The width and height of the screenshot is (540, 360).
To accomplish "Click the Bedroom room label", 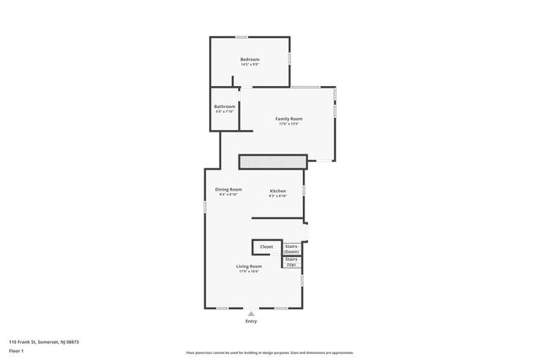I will coord(250,59).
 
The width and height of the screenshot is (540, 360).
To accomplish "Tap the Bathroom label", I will coord(224,106).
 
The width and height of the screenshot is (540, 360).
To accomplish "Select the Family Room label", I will coord(289,119).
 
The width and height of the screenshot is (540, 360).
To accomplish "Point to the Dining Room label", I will coord(228,190).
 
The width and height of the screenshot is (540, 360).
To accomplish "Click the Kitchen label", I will coord(278,191).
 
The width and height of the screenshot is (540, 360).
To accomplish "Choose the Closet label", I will coord(266,246).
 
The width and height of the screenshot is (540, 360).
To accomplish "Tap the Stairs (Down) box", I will coord(291,249).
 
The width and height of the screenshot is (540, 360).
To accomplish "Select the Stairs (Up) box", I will coord(291,262).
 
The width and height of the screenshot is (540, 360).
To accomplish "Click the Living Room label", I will coord(249,266).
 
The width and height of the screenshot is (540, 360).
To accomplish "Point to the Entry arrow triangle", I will coord(251,314).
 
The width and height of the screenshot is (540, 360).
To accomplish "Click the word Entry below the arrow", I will coord(251,321).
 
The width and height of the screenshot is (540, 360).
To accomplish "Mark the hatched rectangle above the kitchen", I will coord(272,161).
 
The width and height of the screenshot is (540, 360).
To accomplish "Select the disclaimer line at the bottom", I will coord(269,352).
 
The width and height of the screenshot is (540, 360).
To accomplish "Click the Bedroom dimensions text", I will coord(250,64).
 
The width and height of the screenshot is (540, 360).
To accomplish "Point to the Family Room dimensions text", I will coord(289,124).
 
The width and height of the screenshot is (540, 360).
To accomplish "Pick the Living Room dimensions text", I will coord(249,271).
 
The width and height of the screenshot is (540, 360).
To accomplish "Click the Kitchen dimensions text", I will coord(278,196).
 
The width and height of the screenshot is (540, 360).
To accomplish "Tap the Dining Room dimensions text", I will coord(228,195).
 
